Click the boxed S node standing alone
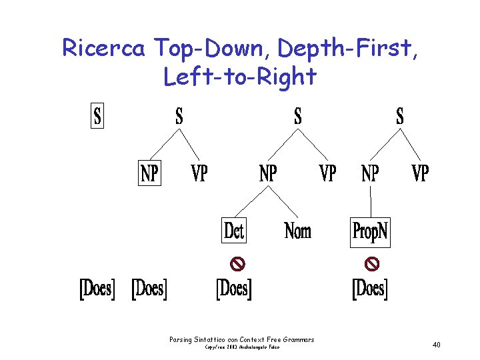97,117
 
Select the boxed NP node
149,173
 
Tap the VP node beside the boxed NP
199,173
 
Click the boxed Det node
234,231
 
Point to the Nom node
298,231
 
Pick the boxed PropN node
370,231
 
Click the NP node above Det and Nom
268,173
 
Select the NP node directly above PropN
370,173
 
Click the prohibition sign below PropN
373,264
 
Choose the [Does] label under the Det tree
234,288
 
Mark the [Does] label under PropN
370,288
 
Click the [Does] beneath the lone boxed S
97,288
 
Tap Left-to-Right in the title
239,77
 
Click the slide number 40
437,345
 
